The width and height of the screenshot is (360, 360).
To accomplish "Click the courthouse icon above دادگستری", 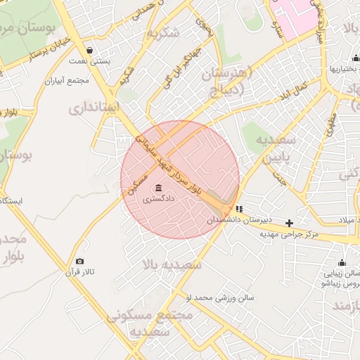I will coord(157,188).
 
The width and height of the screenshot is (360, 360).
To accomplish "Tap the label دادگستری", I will coord(158,200).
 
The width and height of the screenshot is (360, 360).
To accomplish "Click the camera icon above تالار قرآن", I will coord(79,262).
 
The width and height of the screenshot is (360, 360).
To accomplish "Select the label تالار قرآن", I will coord(80,272).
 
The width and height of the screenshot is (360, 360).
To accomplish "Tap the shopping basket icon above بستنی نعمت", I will coord(89,50).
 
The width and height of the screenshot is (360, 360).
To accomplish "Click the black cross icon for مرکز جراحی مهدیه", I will coord(289,223).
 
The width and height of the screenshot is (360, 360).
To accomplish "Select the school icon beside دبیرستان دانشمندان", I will coord(240,209).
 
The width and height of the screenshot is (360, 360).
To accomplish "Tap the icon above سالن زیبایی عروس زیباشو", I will coord(342,262).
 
